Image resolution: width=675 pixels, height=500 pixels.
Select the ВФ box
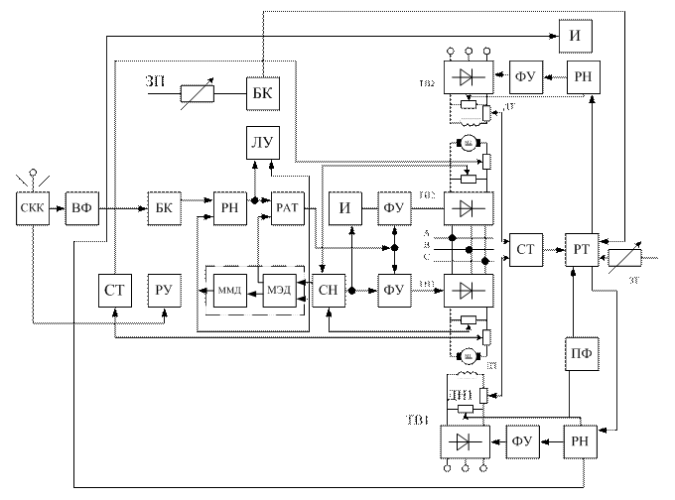coord(81,208)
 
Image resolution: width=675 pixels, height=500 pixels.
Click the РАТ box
coord(285,208)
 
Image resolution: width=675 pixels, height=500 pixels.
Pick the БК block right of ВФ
coord(164,208)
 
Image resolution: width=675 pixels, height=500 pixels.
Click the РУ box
coord(165,291)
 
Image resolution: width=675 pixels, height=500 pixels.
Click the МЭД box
coord(277,291)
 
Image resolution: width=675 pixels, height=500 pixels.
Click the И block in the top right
coord(575,37)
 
